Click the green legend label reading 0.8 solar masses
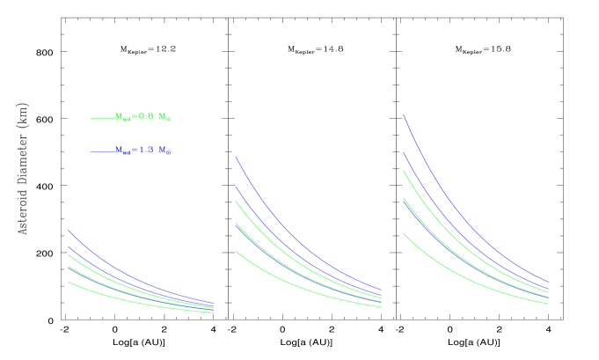click(142, 117)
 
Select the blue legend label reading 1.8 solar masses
click(142, 151)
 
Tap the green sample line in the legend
click(101, 118)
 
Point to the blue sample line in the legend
click(101, 151)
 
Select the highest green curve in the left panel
click(79, 263)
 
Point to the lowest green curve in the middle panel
click(255, 263)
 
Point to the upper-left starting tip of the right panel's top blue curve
click(404, 115)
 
